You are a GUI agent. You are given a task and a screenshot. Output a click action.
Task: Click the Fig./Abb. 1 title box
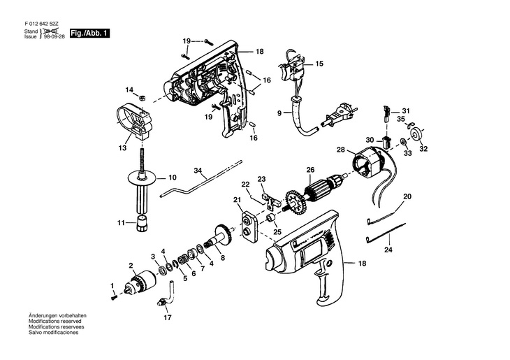coord(89,33)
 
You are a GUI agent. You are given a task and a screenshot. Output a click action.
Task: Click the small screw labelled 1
coord(113,298)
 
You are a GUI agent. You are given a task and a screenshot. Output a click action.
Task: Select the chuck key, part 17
coord(166,294)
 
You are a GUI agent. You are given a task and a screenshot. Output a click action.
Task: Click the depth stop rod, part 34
coord(202,179)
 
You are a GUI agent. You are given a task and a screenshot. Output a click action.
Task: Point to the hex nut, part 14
coord(142,97)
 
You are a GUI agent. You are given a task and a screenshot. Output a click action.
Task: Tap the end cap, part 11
coord(142,224)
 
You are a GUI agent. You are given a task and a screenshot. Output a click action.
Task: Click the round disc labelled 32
coord(417,134)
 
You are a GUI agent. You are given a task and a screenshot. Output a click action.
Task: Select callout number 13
coord(122,148)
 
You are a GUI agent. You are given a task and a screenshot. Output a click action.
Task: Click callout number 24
coord(388,250)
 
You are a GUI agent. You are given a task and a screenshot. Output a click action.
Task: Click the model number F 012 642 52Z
coord(41,24)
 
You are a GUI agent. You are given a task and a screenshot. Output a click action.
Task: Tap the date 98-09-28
coord(54,36)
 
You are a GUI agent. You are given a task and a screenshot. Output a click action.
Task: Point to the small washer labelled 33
coord(403,141)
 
